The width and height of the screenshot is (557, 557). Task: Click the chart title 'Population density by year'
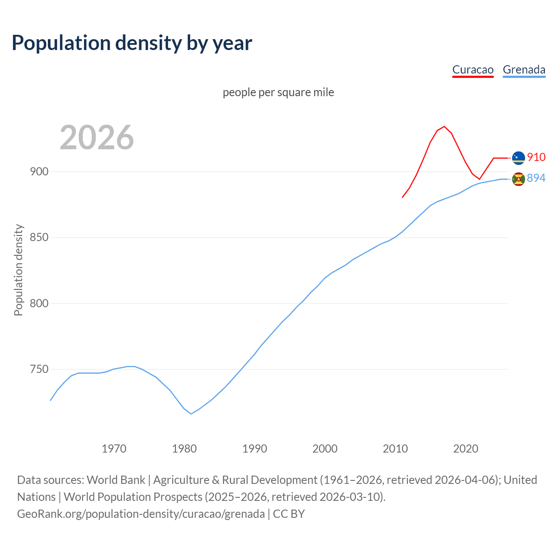coord(132,43)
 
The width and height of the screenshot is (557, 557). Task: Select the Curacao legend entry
coord(473,70)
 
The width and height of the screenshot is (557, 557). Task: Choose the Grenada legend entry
coord(524,70)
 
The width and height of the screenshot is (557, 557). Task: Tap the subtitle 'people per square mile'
coord(278,92)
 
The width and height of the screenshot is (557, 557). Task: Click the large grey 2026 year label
coord(97,138)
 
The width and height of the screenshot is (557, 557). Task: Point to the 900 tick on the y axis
coord(39,171)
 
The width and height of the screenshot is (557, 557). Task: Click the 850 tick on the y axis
coord(39,238)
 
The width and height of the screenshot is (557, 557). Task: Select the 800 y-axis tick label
coord(39,303)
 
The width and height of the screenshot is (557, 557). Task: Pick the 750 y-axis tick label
coord(39,369)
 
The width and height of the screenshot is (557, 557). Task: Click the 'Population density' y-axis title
coord(18,270)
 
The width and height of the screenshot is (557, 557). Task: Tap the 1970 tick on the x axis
coord(114,449)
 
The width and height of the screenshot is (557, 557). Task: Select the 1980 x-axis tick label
coord(184,449)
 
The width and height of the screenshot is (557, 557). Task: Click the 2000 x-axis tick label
coord(325,449)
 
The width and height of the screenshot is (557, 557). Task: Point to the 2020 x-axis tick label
coord(466,449)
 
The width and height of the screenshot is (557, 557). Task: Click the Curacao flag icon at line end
coord(518,158)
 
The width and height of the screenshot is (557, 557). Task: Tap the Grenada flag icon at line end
coord(518,179)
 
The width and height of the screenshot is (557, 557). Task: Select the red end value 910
coord(536,157)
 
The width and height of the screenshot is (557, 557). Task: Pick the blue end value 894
coord(536,178)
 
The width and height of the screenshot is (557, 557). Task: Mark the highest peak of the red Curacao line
coord(444,127)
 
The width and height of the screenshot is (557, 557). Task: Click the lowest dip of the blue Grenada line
coord(191,413)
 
